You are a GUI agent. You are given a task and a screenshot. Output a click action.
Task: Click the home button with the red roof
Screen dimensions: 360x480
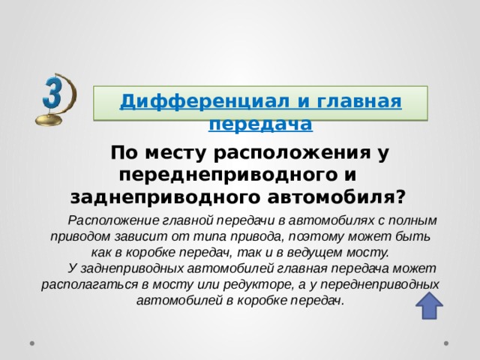point(429,307)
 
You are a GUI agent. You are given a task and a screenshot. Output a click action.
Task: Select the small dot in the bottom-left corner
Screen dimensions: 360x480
point(33,343)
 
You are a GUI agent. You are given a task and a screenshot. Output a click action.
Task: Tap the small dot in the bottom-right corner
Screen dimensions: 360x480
point(447,343)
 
